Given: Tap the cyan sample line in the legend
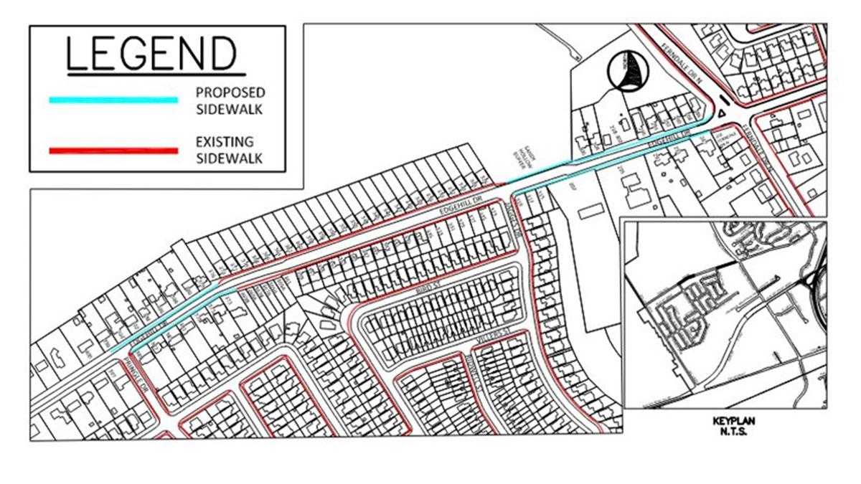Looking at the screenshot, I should tap(113, 100).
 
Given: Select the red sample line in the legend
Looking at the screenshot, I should tap(113, 151).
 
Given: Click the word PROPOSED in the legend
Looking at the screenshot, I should tap(230, 93).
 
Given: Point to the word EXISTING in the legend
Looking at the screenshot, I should tap(225, 143).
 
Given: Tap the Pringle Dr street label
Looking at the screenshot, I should tap(136, 362).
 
